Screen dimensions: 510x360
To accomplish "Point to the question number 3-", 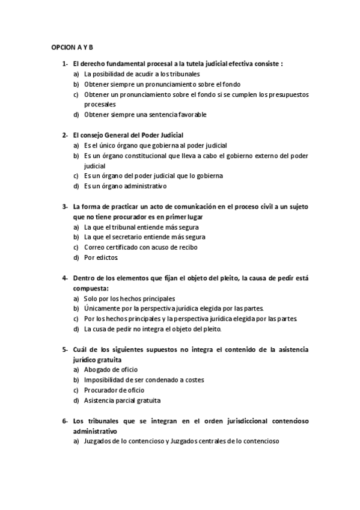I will [x=64, y=207].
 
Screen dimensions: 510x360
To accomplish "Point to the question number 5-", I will [x=64, y=349].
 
